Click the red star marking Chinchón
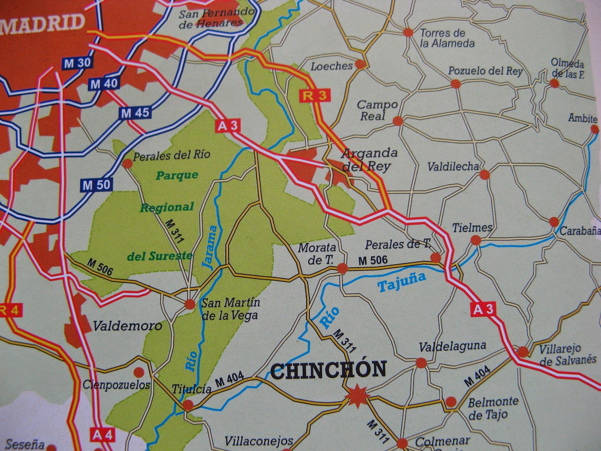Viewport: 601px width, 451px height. point(355,396)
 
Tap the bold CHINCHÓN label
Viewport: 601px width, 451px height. point(328,369)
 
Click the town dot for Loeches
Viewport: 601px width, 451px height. point(360,65)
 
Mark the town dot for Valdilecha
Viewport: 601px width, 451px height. point(485,174)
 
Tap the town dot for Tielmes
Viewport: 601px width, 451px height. point(476,240)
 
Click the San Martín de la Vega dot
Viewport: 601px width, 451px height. point(190,304)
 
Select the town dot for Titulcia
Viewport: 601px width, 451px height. point(188,405)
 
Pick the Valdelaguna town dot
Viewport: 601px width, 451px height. point(421,363)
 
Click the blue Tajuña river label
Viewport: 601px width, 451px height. point(402,282)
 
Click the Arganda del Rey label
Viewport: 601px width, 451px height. point(364,159)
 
